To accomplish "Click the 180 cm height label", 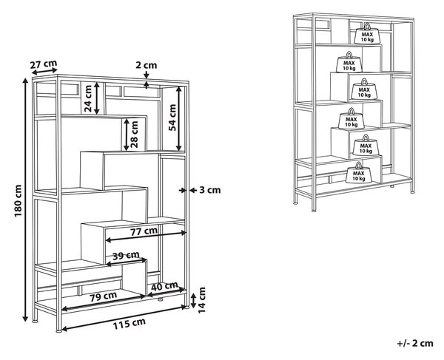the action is pyautogui.click(x=18, y=200).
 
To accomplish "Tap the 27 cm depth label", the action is pyautogui.click(x=44, y=64).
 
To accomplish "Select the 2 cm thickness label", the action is pyautogui.click(x=146, y=65).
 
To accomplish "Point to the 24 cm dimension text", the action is pyautogui.click(x=88, y=98).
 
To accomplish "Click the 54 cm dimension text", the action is pyautogui.click(x=172, y=118).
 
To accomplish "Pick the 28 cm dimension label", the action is pyautogui.click(x=134, y=135).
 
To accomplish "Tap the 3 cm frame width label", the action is pyautogui.click(x=210, y=190).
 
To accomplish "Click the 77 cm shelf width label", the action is pyautogui.click(x=144, y=231).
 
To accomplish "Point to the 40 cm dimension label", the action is pyautogui.click(x=164, y=286).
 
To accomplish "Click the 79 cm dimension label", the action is pyautogui.click(x=104, y=296).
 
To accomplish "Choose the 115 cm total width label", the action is pyautogui.click(x=129, y=324).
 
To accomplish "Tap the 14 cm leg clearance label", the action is pyautogui.click(x=201, y=300).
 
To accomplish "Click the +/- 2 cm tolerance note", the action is pyautogui.click(x=415, y=343).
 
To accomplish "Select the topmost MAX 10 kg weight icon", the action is pyautogui.click(x=367, y=34).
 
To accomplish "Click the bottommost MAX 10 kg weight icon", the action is pyautogui.click(x=359, y=173).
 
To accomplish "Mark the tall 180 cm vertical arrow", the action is pyautogui.click(x=25, y=200).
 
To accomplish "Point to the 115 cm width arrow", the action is pyautogui.click(x=124, y=317).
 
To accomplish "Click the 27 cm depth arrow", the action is pyautogui.click(x=44, y=72).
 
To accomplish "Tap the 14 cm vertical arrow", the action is pyautogui.click(x=193, y=301).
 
